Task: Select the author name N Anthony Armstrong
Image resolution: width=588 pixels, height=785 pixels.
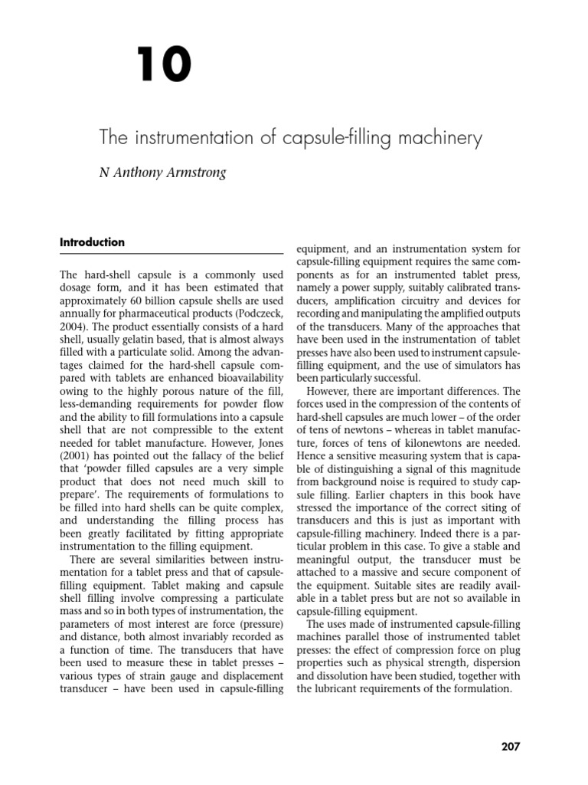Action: tap(162, 172)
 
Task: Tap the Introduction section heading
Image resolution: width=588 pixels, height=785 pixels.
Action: tap(92, 242)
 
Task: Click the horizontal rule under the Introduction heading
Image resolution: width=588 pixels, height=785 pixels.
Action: tap(171, 255)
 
